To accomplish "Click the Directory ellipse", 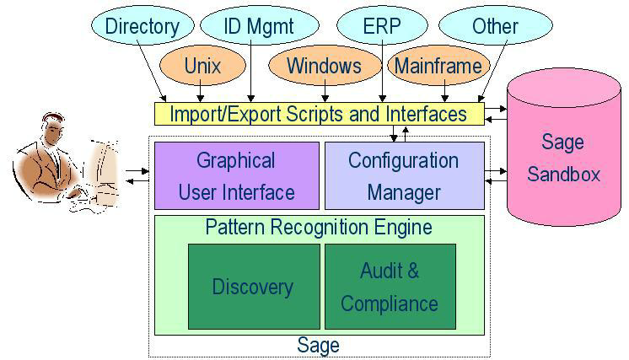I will [142, 25].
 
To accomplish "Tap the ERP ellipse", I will [383, 25].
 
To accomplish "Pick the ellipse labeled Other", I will [495, 25].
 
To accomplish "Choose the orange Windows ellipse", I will [324, 66].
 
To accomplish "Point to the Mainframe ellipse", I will [438, 66].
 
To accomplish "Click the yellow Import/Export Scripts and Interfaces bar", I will [320, 113].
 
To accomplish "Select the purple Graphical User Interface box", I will [236, 175].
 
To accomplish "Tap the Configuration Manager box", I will [404, 175].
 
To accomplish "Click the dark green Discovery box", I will [254, 287].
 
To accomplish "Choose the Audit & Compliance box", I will [390, 287].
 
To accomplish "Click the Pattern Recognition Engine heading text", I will [319, 228].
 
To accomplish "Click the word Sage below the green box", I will [319, 345].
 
